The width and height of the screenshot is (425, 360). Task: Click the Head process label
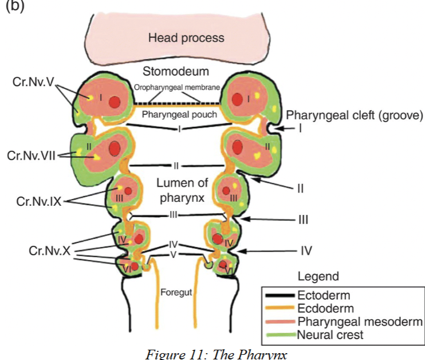pos(186,38)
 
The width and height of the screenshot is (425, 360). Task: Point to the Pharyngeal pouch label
pos(179,115)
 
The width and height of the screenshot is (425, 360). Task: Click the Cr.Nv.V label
pos(33,82)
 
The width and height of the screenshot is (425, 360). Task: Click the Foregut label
pos(176,292)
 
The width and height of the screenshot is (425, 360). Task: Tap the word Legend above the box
pos(318,276)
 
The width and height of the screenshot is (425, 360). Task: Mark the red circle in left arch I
pos(115,102)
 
